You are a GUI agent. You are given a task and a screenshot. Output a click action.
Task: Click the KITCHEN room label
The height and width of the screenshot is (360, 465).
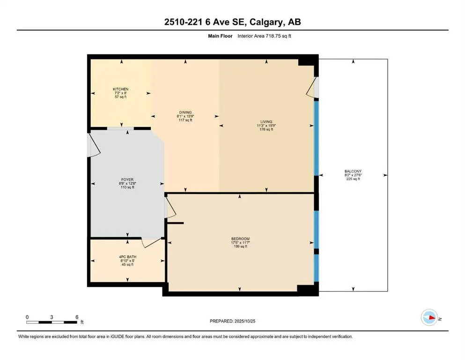(x=120, y=89)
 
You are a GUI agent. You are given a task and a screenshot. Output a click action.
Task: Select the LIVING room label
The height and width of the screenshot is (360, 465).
(x=266, y=122)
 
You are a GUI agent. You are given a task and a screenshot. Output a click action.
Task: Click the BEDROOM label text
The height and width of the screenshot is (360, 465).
(x=240, y=239)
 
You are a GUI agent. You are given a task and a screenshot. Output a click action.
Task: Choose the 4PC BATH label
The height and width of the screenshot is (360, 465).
(x=127, y=257)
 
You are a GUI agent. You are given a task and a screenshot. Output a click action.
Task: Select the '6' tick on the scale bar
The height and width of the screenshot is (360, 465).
(x=76, y=317)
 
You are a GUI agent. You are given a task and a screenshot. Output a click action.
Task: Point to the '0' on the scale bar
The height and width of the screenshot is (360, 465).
(x=28, y=317)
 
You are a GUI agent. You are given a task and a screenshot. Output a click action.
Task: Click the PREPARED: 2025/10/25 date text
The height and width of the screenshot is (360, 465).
(x=232, y=321)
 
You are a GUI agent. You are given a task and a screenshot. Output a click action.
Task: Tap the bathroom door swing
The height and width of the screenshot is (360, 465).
(x=151, y=242)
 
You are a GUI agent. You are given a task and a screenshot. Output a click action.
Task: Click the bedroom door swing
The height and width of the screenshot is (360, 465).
(x=171, y=207)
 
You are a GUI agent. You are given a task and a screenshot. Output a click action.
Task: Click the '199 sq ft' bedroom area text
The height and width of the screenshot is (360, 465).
(x=240, y=247)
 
